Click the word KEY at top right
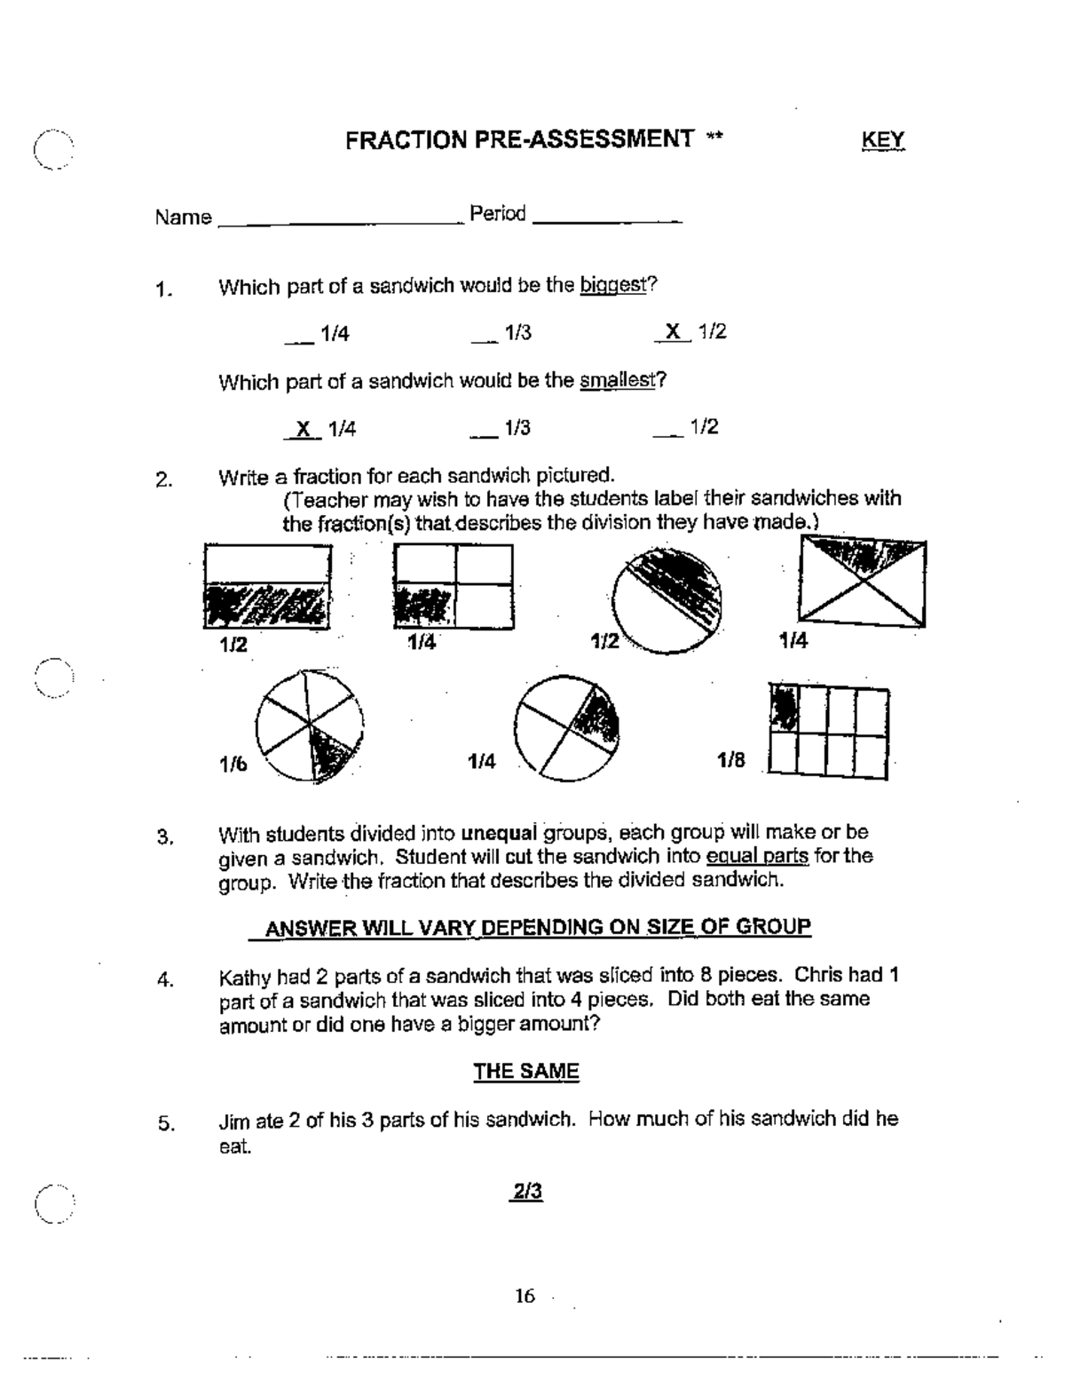click(x=882, y=140)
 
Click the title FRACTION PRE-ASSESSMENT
click(x=520, y=139)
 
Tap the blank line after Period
click(x=607, y=219)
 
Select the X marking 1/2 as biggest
click(x=674, y=332)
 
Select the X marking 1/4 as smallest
click(x=304, y=429)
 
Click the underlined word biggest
click(x=612, y=285)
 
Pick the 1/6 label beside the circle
click(x=233, y=765)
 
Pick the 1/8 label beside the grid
click(x=731, y=760)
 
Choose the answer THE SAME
click(x=525, y=1072)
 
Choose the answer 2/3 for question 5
click(x=525, y=1192)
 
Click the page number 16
click(x=525, y=1296)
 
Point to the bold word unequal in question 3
click(x=500, y=834)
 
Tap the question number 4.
click(x=164, y=981)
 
